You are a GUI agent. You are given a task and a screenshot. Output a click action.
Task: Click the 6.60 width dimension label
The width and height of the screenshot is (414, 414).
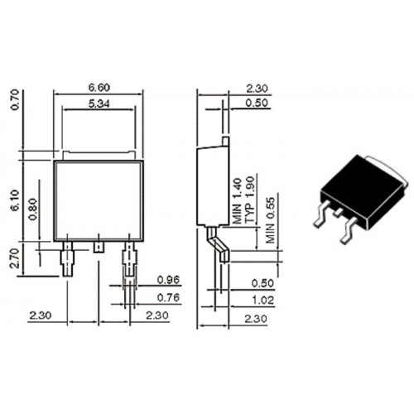pos(99,88)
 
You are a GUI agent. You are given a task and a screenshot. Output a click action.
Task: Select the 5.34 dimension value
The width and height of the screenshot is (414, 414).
pos(99,103)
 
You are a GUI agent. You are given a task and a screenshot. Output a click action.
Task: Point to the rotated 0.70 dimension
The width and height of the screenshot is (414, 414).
pos(15,99)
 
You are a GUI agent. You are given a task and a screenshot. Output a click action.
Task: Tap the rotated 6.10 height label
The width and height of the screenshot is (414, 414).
pos(15,200)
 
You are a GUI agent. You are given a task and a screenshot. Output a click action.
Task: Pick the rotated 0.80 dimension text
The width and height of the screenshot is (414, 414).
pos(33,209)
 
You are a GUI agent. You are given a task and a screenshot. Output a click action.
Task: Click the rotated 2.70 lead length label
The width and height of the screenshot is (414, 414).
pos(14,258)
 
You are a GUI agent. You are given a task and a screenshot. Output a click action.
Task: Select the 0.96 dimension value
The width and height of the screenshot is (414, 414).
pos(168,280)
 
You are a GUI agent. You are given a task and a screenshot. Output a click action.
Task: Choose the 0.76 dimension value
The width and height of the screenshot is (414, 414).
pos(168,297)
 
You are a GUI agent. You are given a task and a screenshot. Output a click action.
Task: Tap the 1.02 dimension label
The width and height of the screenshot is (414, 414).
pos(263,301)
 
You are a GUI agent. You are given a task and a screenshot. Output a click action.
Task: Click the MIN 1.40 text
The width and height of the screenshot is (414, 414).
pos(237,200)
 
